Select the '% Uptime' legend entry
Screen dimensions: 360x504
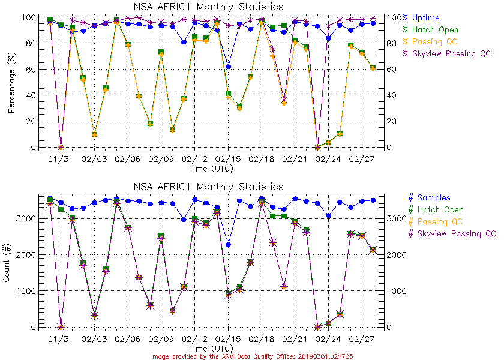421,17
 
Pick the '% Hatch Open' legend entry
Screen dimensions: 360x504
430,29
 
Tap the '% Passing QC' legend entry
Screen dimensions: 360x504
430,41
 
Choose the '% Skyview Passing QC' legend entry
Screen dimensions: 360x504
447,53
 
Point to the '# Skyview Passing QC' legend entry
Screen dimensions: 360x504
452,233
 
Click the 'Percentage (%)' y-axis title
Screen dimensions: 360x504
11,82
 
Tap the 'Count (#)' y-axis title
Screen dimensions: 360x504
11,262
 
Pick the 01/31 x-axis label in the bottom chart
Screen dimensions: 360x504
60,339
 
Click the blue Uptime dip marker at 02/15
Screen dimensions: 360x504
228,67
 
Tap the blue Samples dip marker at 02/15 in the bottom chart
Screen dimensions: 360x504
228,245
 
